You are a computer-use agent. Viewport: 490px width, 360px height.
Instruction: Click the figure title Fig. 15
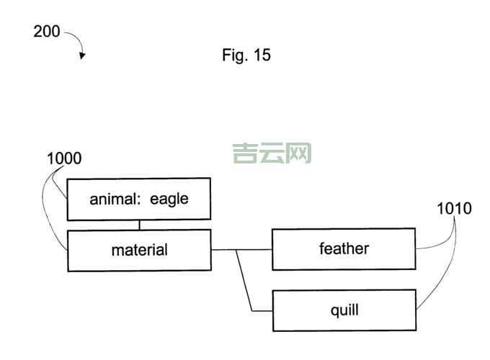(x=246, y=55)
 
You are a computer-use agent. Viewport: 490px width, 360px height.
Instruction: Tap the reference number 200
(x=47, y=32)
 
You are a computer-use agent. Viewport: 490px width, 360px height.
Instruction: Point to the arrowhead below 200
(x=82, y=56)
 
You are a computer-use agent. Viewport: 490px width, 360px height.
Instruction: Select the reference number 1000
(x=64, y=158)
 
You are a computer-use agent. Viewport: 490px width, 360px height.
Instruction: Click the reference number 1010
(x=454, y=209)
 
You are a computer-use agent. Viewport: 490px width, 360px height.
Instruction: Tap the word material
(x=139, y=251)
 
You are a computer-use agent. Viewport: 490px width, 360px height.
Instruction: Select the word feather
(x=344, y=249)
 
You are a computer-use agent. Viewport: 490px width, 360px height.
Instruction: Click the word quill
(x=344, y=311)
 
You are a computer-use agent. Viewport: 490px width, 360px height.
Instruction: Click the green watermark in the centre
(x=272, y=153)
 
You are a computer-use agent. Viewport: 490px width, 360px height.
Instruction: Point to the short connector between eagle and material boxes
(x=140, y=225)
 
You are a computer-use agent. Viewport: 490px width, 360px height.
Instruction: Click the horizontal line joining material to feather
(x=241, y=249)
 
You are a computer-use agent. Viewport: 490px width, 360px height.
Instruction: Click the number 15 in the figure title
(x=262, y=55)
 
